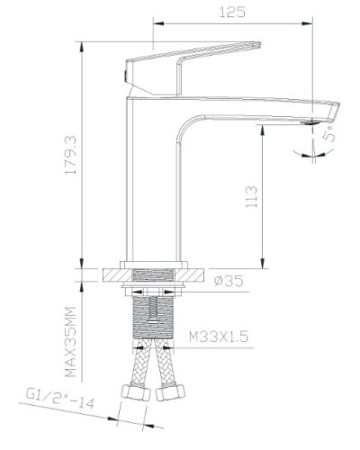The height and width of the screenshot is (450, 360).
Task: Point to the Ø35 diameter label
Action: (x=231, y=281)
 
